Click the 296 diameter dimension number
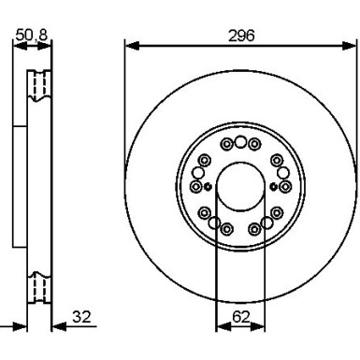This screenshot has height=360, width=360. coord(241,36)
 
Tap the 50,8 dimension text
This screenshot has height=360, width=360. coord(32,35)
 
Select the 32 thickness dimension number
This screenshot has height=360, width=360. coord(81,317)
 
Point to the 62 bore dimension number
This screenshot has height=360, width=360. coord(241,317)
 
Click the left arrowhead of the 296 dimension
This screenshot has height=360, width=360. coord(132,46)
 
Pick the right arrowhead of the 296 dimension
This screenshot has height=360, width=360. coord(349,46)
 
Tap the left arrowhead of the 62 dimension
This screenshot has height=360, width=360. coord(223,326)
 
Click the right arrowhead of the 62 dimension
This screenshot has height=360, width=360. coord(257,326)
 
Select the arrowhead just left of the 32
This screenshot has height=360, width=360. coord(59,326)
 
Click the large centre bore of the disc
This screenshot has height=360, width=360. coord(240,186)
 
